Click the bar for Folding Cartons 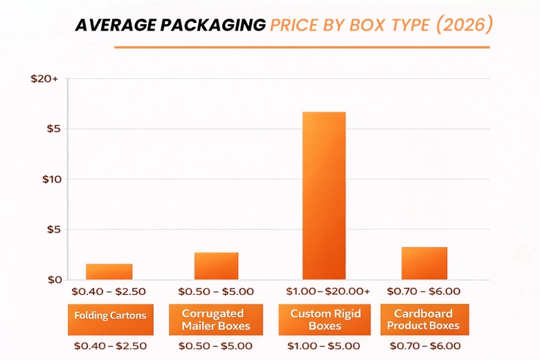(x=109, y=271)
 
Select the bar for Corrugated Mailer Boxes (x=216, y=266)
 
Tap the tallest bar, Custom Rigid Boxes (x=323, y=195)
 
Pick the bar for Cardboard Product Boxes (x=424, y=263)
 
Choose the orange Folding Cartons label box (x=111, y=316)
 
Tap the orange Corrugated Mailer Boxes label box (x=217, y=320)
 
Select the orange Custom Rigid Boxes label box (x=325, y=320)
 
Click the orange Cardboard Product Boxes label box (x=423, y=320)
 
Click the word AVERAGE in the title (x=114, y=25)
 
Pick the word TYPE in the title (x=415, y=25)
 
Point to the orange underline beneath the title (x=302, y=47)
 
